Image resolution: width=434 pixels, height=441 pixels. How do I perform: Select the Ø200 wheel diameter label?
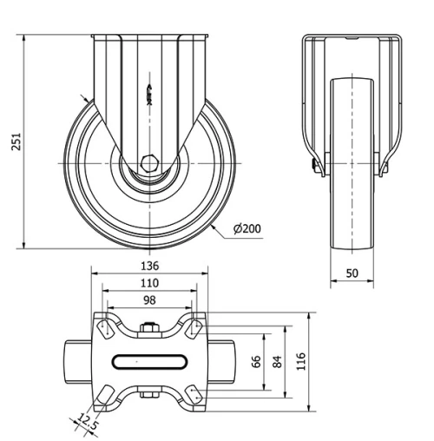[247, 229]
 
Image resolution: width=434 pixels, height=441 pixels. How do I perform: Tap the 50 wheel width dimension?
[352, 273]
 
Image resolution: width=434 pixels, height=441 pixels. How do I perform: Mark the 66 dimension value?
[257, 361]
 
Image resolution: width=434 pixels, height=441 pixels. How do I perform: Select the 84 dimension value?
[278, 361]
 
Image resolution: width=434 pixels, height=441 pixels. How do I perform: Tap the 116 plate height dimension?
[300, 361]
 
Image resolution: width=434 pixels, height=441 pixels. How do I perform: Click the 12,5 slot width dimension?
[84, 423]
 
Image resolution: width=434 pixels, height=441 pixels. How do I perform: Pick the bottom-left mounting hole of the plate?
[106, 397]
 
